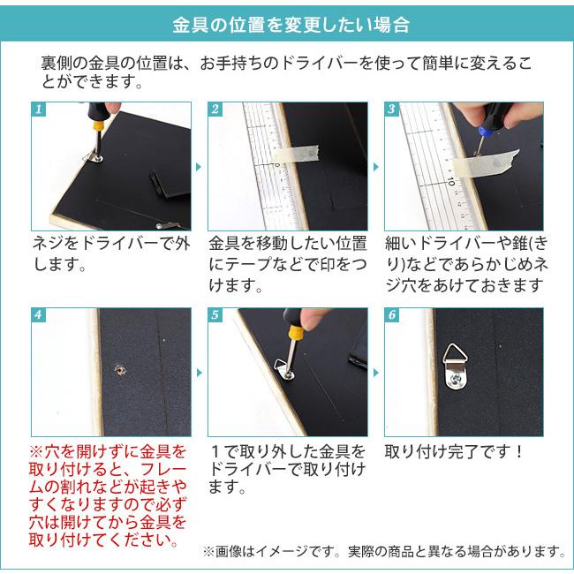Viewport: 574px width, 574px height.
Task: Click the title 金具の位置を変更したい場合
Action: pyautogui.click(x=291, y=25)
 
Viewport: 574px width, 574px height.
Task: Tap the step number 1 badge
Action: pyautogui.click(x=39, y=110)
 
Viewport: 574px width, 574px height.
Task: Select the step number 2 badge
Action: pyautogui.click(x=215, y=110)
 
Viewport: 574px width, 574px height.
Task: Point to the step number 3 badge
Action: pyautogui.click(x=392, y=110)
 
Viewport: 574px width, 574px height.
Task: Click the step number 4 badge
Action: pyautogui.click(x=39, y=315)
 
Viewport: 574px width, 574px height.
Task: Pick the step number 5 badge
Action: pyautogui.click(x=215, y=315)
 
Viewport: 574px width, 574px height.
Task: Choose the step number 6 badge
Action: pyautogui.click(x=392, y=315)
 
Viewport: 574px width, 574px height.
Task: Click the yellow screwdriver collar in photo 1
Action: pyautogui.click(x=99, y=125)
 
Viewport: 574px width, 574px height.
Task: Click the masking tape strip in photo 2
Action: pyautogui.click(x=297, y=155)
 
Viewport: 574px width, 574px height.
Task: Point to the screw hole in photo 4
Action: pyautogui.click(x=120, y=370)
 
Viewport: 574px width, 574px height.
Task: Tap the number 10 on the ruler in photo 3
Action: pyautogui.click(x=451, y=182)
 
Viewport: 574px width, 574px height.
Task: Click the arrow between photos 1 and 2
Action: pyautogui.click(x=199, y=167)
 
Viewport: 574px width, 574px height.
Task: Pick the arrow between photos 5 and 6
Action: pyautogui.click(x=375, y=373)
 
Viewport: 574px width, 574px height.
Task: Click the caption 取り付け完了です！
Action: pyautogui.click(x=454, y=452)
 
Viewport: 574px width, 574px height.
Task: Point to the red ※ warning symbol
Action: pyautogui.click(x=36, y=452)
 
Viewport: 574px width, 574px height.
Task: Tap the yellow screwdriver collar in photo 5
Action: pyautogui.click(x=296, y=332)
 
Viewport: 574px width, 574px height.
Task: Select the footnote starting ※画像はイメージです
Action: pyautogui.click(x=384, y=551)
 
